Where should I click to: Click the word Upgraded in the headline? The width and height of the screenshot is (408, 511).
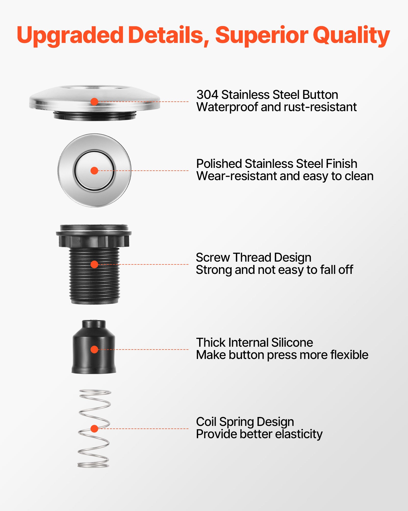point(70,36)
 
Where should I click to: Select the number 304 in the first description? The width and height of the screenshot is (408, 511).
point(207,95)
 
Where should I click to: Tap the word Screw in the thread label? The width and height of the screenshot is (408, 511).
point(213,258)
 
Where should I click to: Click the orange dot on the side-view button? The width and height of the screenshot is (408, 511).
point(94,102)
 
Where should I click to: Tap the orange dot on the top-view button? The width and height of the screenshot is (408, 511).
point(94,171)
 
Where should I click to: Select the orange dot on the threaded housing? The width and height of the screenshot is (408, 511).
point(94,264)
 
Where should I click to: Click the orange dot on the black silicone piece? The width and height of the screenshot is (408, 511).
point(94,350)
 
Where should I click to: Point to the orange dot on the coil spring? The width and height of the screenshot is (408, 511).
point(94,429)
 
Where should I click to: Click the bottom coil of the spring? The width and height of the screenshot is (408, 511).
point(93,465)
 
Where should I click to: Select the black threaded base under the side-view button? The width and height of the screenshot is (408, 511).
point(95,115)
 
